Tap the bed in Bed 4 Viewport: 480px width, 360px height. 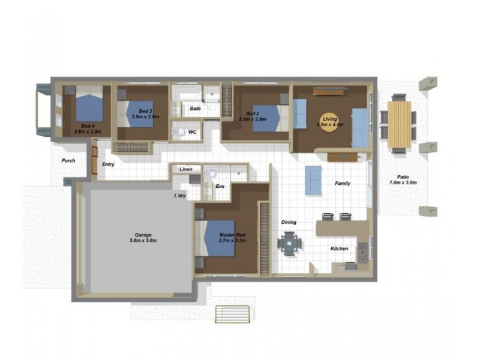click(x=88, y=107)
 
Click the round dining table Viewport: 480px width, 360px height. click(x=289, y=243)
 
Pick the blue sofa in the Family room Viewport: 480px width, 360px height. click(x=313, y=180)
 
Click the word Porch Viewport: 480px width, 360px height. click(x=68, y=161)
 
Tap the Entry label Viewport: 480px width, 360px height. click(x=109, y=164)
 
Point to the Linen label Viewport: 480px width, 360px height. click(x=186, y=170)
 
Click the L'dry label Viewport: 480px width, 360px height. click(x=180, y=196)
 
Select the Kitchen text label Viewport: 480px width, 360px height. click(x=339, y=248)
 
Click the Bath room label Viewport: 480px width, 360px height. click(x=196, y=109)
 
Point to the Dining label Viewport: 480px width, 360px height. click(x=289, y=222)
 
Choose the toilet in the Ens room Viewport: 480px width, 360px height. click(x=209, y=174)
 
